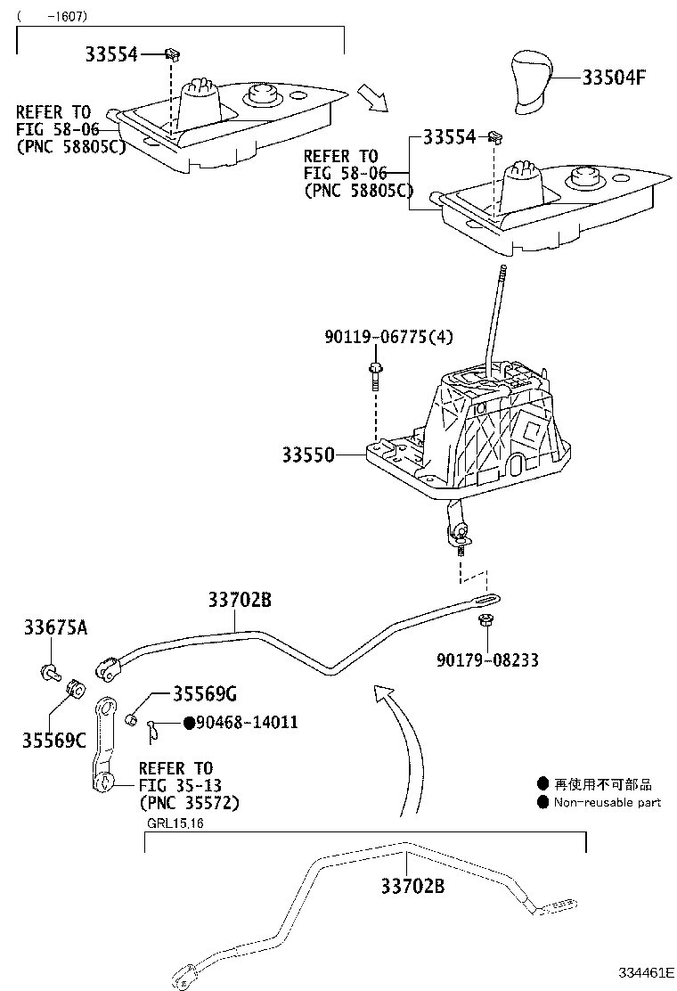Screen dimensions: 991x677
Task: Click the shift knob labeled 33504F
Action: [x=533, y=84]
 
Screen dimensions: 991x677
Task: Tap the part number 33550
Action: [x=307, y=455]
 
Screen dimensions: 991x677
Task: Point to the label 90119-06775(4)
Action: [x=387, y=337]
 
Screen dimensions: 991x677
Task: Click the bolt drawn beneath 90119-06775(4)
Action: [x=375, y=375]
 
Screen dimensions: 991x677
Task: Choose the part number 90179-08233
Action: [x=487, y=660]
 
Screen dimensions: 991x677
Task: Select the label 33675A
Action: [x=55, y=628]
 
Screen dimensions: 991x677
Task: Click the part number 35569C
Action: [x=54, y=739]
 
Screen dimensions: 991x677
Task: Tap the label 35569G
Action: [x=205, y=693]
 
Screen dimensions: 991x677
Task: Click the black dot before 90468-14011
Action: [x=189, y=722]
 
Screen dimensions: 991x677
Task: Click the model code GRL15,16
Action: [x=175, y=822]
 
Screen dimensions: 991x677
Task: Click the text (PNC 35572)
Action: [x=189, y=802]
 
